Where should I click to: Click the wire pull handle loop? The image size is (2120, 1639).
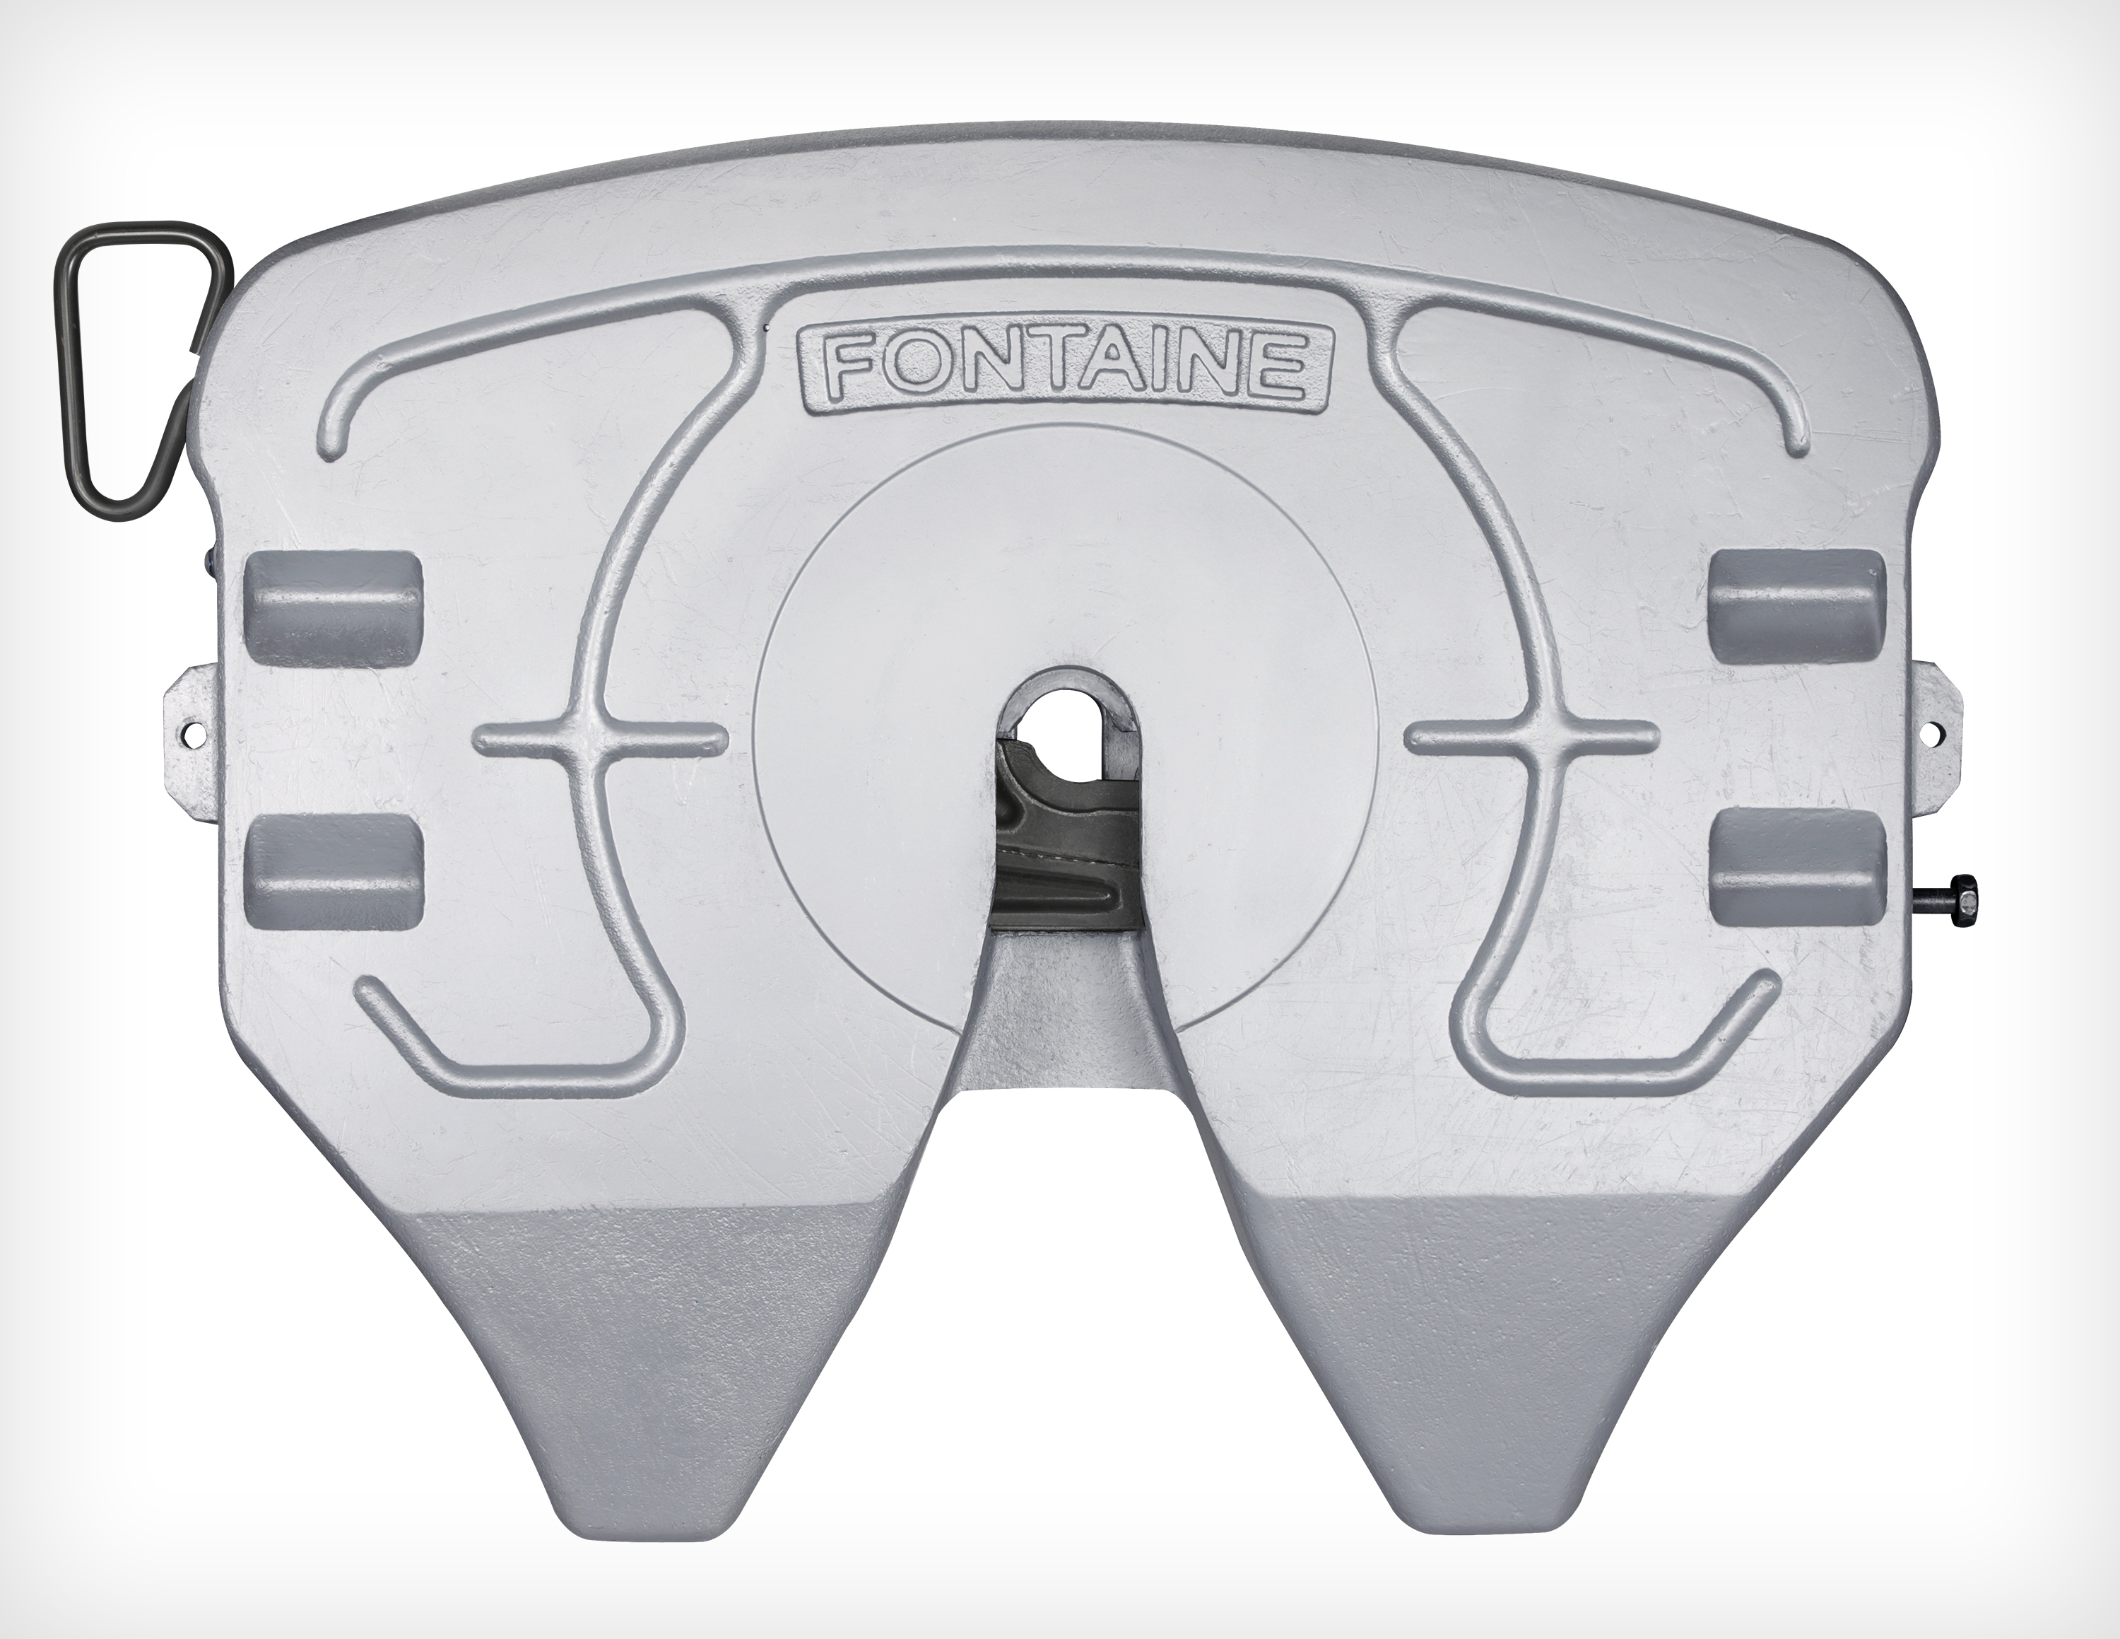(x=139, y=370)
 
